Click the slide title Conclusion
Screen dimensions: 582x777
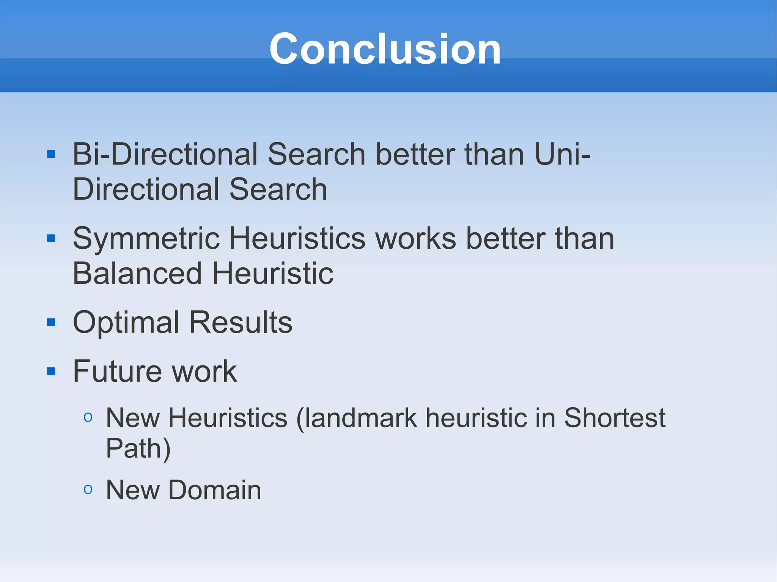click(x=385, y=49)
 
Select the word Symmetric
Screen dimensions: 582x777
click(x=146, y=239)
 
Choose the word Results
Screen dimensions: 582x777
click(x=241, y=323)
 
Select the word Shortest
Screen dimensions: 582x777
click(x=614, y=418)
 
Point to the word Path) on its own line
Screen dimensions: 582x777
click(x=138, y=449)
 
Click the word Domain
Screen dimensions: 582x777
click(x=214, y=490)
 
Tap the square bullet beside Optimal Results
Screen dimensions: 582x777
click(x=51, y=323)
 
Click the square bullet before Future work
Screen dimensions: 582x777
click(x=51, y=371)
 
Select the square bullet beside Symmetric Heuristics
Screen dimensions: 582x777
click(x=51, y=238)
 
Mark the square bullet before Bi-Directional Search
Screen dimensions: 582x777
click(x=51, y=154)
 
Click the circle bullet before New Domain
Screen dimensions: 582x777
click(x=88, y=489)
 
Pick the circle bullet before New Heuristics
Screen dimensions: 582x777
click(x=88, y=417)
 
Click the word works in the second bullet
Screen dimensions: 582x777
click(x=415, y=239)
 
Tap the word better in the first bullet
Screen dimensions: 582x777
click(x=415, y=154)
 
